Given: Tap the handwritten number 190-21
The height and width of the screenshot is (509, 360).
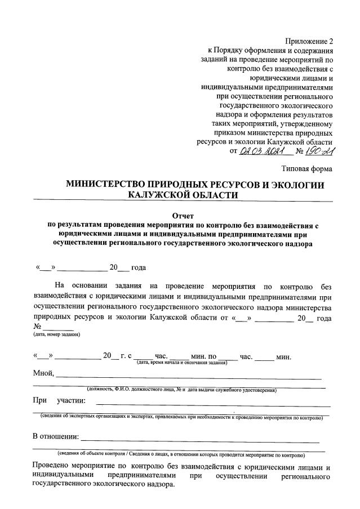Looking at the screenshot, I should tap(319, 153).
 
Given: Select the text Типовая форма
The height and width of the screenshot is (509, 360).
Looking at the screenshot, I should tap(307, 168).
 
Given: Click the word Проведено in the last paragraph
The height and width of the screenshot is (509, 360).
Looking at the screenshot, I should tap(53, 467).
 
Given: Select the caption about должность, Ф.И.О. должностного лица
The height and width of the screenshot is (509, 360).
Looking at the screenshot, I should tap(180, 390).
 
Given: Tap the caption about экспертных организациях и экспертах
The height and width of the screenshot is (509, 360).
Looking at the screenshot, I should tap(180, 417).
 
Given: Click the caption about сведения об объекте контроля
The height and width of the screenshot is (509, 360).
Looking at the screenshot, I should tap(180, 454).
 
